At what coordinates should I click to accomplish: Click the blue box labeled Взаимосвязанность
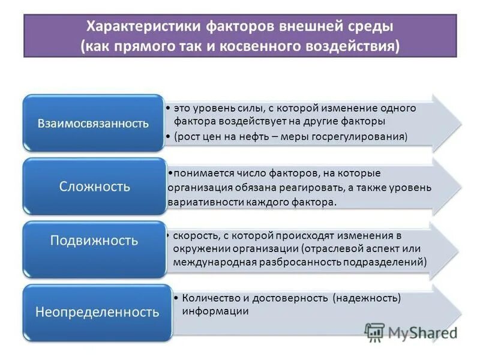click(93, 124)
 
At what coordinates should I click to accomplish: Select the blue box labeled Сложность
click(95, 187)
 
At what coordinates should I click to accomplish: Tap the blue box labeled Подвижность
click(94, 241)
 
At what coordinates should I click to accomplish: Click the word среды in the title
click(371, 26)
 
